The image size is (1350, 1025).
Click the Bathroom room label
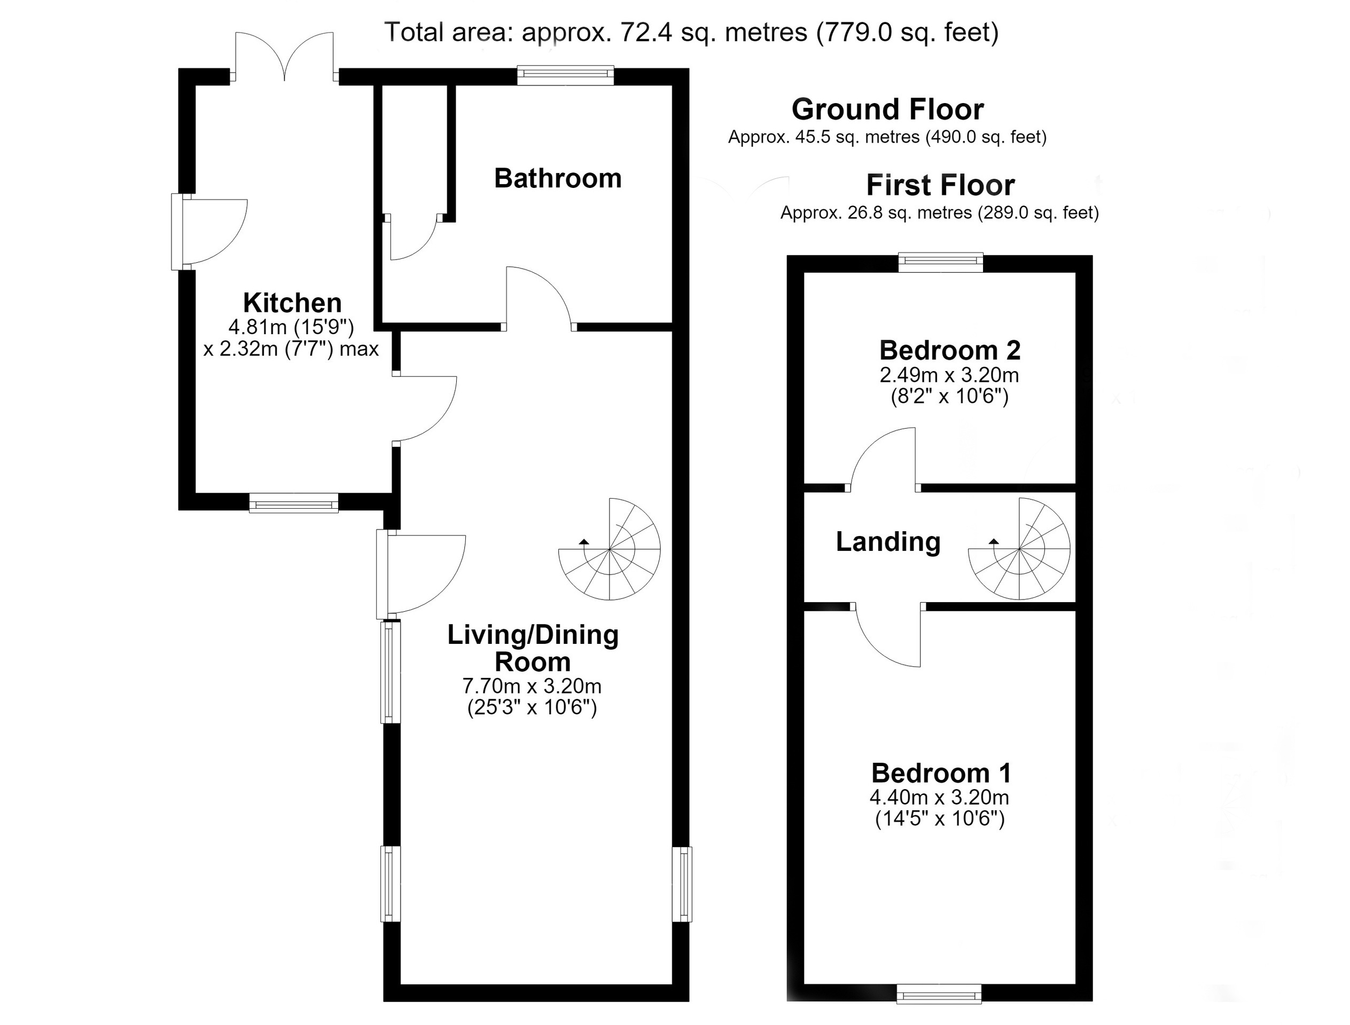pos(557,178)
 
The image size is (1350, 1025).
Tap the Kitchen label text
pos(292,303)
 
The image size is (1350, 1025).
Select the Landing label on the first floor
pos(888,542)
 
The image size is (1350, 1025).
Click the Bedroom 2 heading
pos(949,350)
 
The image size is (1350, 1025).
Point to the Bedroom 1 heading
pos(941,773)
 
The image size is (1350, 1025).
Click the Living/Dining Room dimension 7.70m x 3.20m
pos(532,686)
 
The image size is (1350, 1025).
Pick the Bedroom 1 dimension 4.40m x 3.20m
pos(939,797)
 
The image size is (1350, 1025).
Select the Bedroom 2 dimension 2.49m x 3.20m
pos(949,374)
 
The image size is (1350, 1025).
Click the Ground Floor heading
pos(887,110)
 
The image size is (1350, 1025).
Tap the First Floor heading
pos(940,185)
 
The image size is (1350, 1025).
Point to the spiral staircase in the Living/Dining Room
pos(610,549)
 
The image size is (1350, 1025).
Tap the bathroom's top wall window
pos(565,75)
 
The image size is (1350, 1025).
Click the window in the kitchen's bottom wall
pos(294,503)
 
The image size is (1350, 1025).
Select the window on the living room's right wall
pos(682,884)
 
